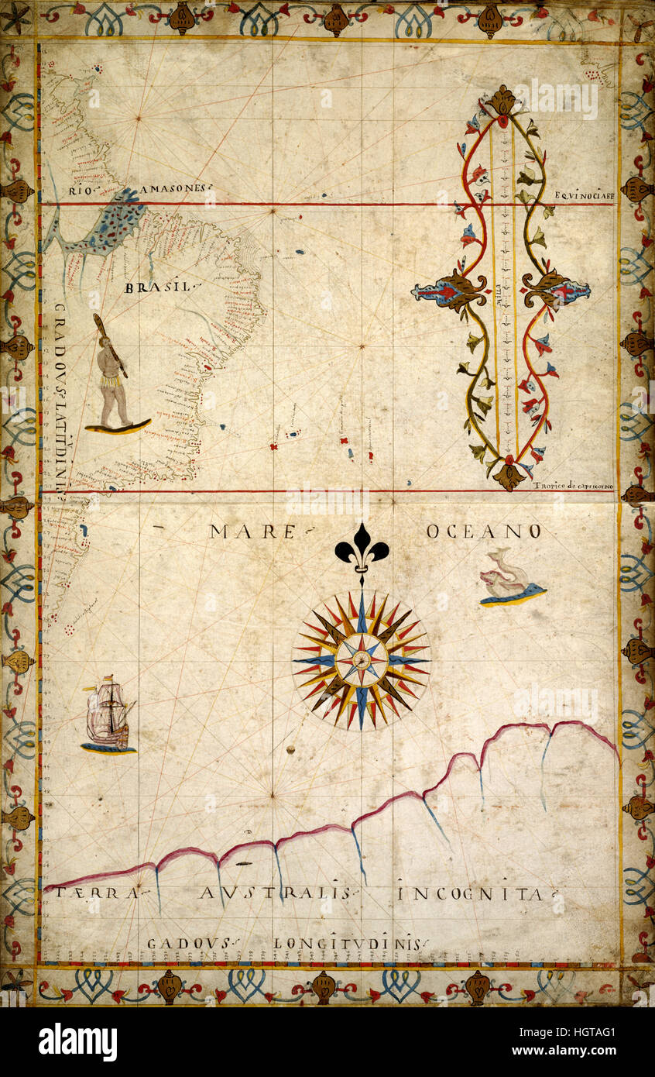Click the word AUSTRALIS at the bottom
[275, 893]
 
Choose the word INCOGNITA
[470, 894]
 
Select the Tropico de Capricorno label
[574, 486]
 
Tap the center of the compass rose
[361, 660]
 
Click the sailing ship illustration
[108, 714]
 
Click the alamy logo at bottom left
[78, 1042]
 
